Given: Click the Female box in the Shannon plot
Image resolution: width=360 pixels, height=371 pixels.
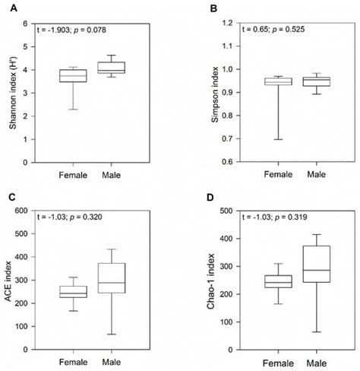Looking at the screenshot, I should [x=74, y=75].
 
